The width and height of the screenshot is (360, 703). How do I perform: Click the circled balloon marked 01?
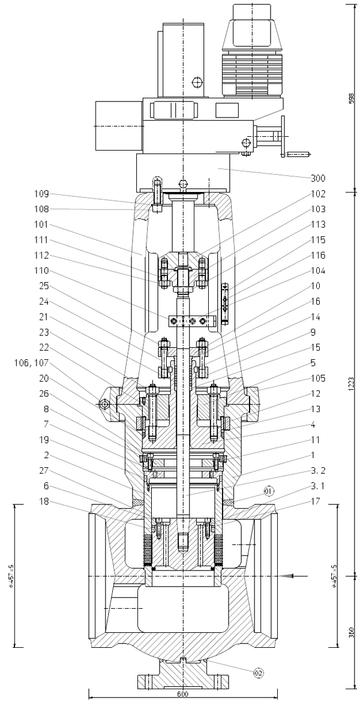pyautogui.click(x=268, y=491)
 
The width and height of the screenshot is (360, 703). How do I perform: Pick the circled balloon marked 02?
pyautogui.click(x=259, y=673)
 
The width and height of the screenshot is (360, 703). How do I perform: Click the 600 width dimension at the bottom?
pyautogui.click(x=182, y=693)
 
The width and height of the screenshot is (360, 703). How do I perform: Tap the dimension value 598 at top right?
pyautogui.click(x=352, y=98)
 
